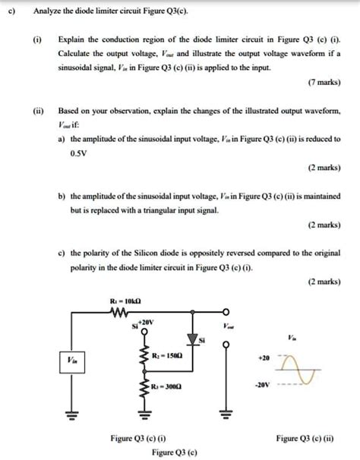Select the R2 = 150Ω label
tap(168, 354)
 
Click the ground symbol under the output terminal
tap(225, 414)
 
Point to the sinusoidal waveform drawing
tap(302, 368)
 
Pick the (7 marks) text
tap(324, 101)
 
